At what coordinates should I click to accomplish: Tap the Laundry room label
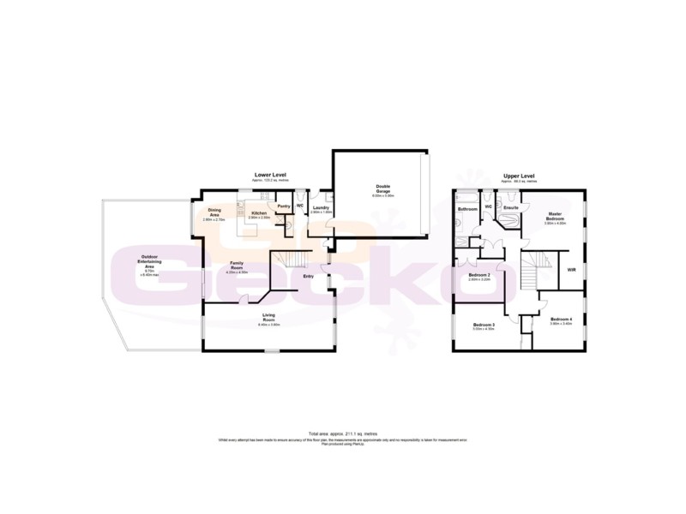[x=322, y=206]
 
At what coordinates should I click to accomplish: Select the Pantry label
[x=283, y=206]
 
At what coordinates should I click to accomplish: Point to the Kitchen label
[x=258, y=213]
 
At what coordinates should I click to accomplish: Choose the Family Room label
[x=237, y=266]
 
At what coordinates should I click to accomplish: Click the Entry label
[x=308, y=276]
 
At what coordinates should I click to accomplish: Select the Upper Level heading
[x=519, y=175]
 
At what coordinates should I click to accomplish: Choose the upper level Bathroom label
[x=467, y=209]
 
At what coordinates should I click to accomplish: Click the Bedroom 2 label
[x=479, y=276]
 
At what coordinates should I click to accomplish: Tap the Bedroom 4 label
[x=562, y=320]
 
